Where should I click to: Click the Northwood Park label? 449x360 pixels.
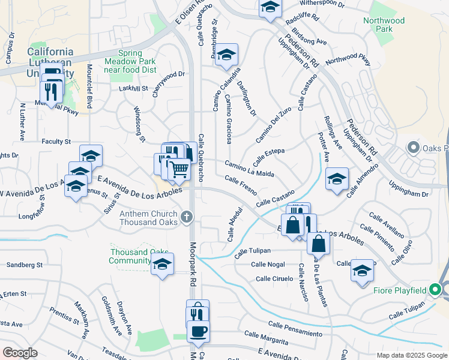pos(384,25)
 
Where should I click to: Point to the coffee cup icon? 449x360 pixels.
pos(197,331)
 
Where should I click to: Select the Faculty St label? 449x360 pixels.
pos(56,142)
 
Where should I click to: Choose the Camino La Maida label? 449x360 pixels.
pos(249,169)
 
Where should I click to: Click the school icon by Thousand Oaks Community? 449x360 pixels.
pos(162,263)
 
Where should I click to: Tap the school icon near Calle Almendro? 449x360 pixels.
pos(337,178)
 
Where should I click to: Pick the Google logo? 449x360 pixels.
pos(20,353)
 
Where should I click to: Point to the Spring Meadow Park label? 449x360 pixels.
pos(130,57)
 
